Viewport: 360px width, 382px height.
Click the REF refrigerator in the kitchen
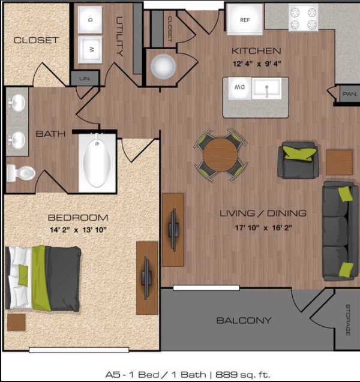click(244, 19)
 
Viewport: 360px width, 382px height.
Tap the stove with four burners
click(303, 19)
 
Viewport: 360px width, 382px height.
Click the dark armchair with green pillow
click(299, 160)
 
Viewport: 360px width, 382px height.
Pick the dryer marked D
click(91, 20)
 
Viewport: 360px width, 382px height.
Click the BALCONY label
click(244, 321)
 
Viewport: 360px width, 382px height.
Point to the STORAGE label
click(347, 320)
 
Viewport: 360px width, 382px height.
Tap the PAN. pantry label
click(349, 94)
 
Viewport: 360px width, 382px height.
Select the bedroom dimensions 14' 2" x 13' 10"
click(78, 229)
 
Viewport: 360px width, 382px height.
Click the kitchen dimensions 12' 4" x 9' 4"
click(256, 63)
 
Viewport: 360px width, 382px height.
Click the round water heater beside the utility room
click(162, 67)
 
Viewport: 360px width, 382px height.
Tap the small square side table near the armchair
click(339, 162)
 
